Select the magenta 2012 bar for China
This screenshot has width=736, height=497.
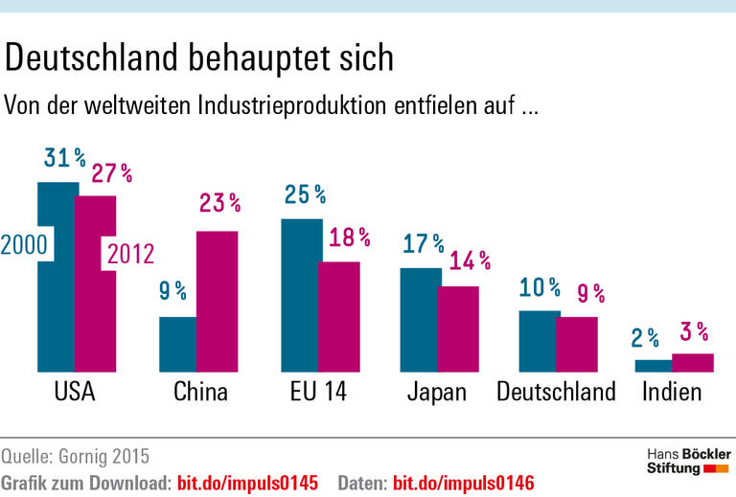click(x=218, y=301)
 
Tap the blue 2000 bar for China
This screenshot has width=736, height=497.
click(x=178, y=344)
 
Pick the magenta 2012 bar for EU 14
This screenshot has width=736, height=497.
click(x=338, y=316)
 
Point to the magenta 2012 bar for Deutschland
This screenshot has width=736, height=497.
click(x=577, y=344)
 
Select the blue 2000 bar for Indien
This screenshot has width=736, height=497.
click(x=654, y=365)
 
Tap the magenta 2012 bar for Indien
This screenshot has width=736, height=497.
click(x=693, y=362)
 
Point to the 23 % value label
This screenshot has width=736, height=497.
click(x=219, y=203)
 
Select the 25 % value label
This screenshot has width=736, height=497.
click(x=305, y=194)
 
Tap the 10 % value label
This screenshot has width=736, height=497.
click(x=539, y=287)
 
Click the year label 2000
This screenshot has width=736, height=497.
click(x=24, y=245)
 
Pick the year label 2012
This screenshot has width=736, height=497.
click(x=129, y=254)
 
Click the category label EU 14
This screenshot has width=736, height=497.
click(x=318, y=392)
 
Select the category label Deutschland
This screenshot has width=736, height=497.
click(x=556, y=392)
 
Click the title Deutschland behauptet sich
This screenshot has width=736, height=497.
click(x=199, y=58)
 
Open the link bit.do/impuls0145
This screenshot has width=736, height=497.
click(x=244, y=481)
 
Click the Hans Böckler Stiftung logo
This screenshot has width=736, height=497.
click(x=687, y=461)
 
